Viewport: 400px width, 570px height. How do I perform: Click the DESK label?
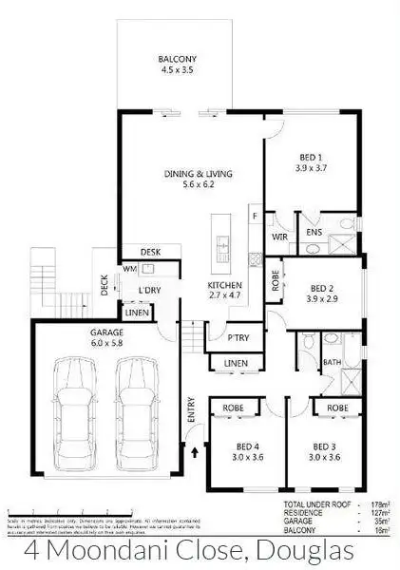[x=149, y=252]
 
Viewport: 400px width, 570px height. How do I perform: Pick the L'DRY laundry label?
[x=148, y=290]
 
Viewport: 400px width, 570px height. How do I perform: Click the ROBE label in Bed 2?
[x=275, y=282]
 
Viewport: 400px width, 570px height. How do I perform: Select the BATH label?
[x=333, y=362]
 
